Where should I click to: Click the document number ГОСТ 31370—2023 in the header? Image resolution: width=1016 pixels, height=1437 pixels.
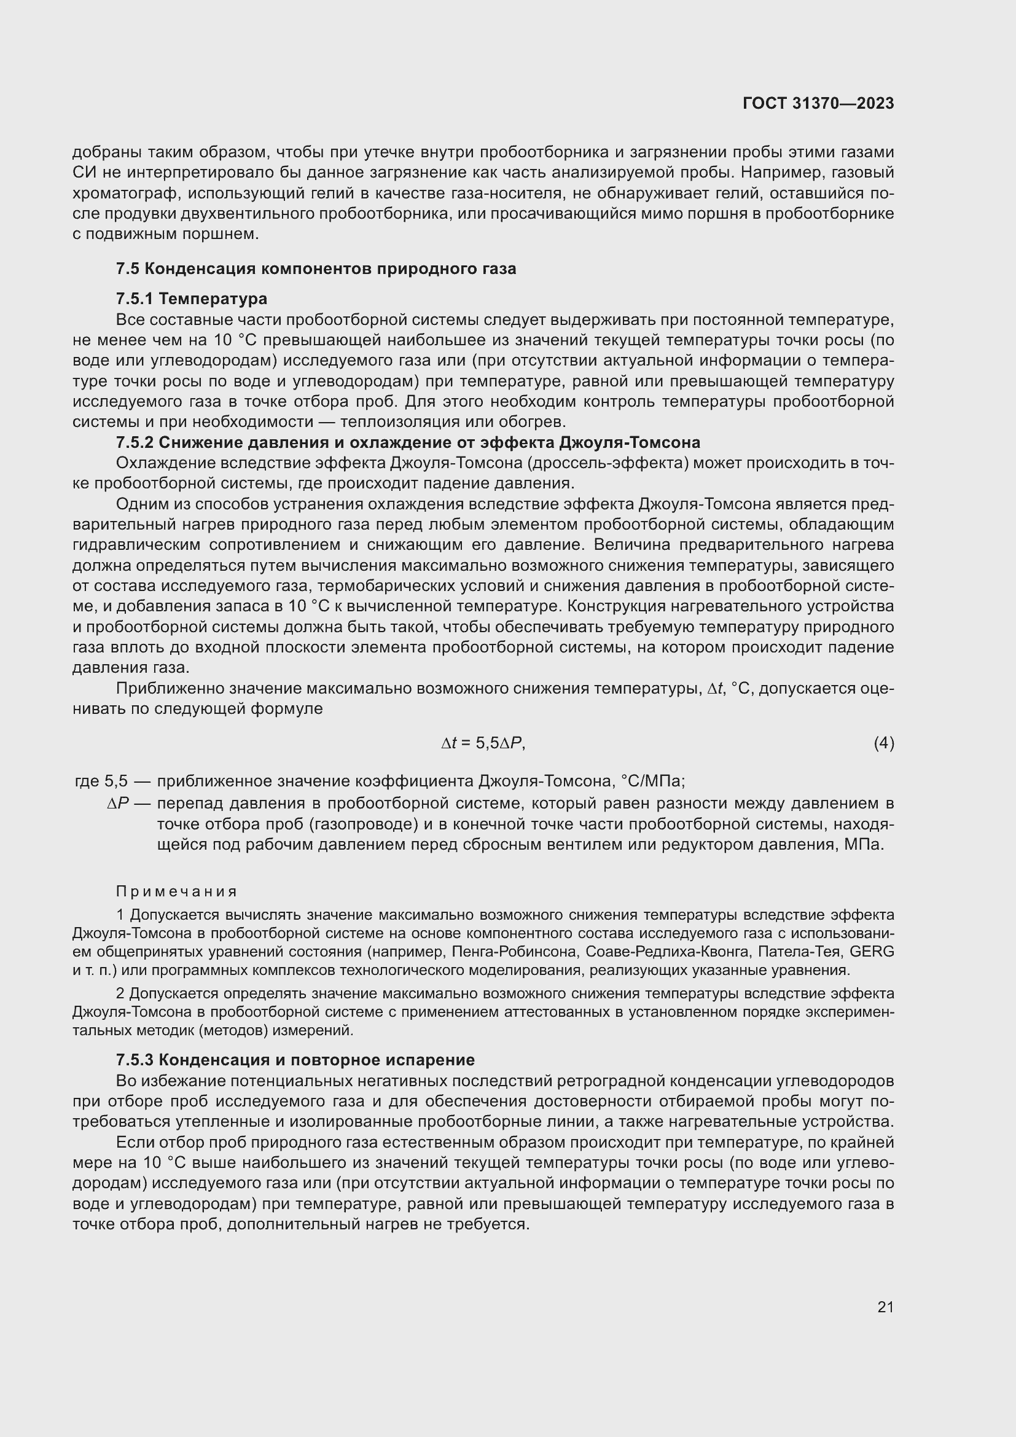point(818,104)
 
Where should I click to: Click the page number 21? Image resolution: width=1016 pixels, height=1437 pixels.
point(885,1307)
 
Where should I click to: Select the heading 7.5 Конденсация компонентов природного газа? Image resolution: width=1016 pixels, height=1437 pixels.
point(316,269)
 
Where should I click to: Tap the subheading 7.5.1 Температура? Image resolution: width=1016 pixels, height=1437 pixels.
point(192,299)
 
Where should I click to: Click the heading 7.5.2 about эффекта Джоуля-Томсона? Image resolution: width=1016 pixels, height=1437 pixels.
point(408,442)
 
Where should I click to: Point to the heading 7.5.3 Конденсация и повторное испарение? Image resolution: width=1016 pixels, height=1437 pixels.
point(295,1060)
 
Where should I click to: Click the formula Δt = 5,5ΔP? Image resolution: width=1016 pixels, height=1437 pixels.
point(483,743)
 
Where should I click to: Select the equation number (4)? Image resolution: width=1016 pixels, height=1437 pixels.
point(883,743)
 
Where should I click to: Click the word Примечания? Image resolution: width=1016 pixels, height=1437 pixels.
point(177,891)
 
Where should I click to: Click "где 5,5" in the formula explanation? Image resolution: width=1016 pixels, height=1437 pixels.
point(101,781)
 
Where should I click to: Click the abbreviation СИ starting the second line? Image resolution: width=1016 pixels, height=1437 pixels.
point(82,173)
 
